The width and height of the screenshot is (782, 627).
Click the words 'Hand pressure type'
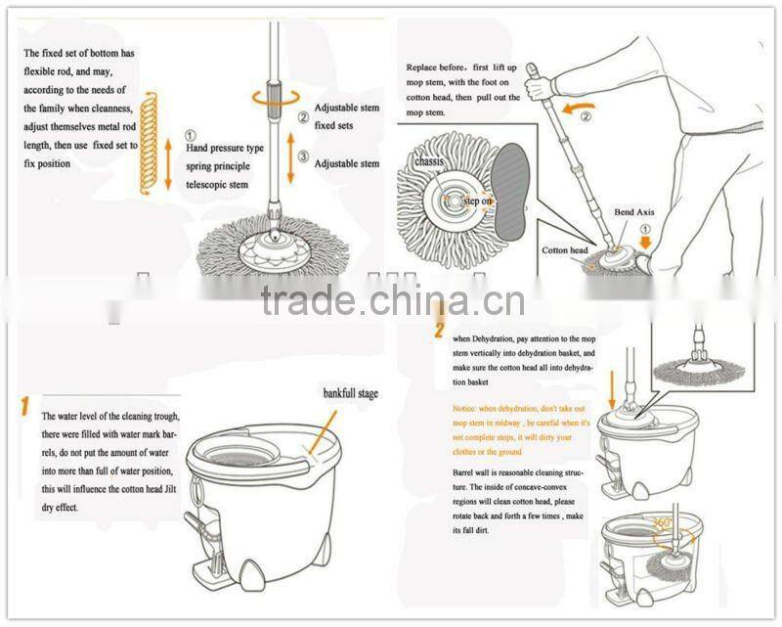point(225,148)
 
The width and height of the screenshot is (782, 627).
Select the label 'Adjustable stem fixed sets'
point(346,117)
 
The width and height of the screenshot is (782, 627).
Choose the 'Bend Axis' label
point(635,211)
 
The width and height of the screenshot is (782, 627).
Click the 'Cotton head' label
point(565,250)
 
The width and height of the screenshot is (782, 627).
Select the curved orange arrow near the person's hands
point(584,101)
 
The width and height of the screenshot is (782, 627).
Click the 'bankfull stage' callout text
point(350,393)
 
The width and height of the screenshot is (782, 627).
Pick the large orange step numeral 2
point(439,325)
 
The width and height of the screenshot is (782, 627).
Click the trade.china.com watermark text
point(392,300)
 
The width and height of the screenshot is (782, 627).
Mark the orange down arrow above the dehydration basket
point(612,387)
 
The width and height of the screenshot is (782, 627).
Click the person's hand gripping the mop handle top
point(540,86)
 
